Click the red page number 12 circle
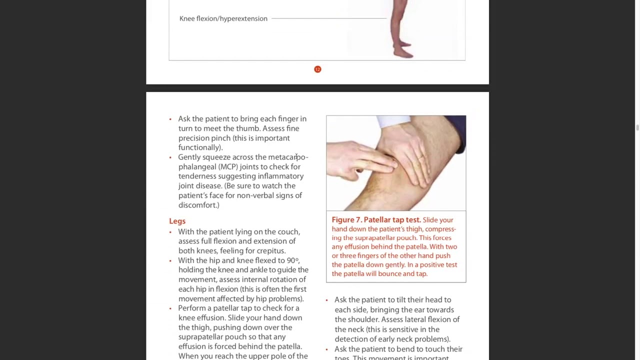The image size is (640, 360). point(317,69)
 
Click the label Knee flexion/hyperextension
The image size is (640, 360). point(223,18)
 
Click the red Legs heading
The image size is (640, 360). point(177,221)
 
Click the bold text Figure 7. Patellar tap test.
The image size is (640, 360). point(376,220)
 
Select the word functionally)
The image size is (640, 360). point(200,147)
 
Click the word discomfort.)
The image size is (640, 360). point(199,205)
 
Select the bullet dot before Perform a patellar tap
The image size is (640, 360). point(170,308)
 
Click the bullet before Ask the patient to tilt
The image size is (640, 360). point(326,300)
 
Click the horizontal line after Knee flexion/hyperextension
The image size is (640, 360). point(328,18)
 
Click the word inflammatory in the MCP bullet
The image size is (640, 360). point(280,176)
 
